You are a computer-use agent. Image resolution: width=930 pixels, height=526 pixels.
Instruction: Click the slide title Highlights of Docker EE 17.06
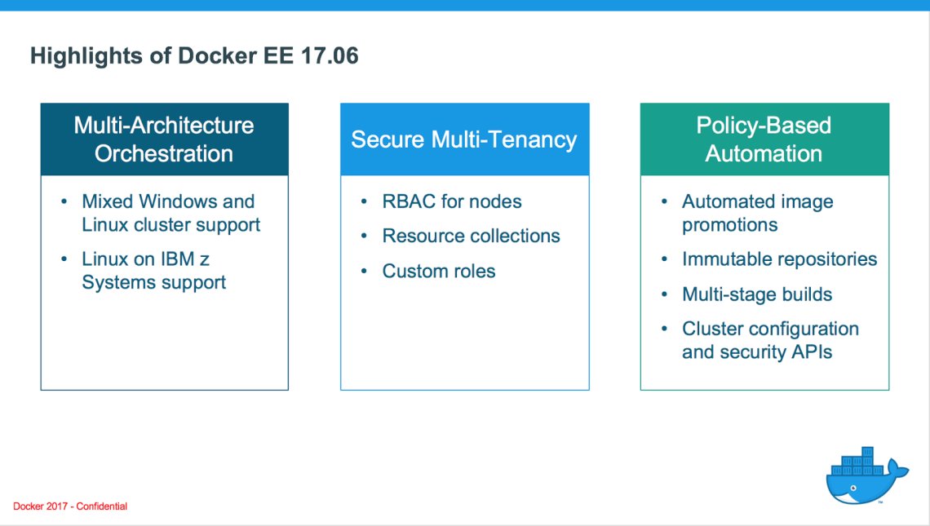click(194, 56)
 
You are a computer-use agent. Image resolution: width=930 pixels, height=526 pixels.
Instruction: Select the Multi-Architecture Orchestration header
click(164, 139)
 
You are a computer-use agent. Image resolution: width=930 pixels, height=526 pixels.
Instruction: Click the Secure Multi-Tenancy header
click(463, 139)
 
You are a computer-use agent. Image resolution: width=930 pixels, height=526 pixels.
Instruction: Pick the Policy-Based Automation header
click(764, 139)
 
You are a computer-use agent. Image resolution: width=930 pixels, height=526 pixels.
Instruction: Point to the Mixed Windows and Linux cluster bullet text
click(170, 213)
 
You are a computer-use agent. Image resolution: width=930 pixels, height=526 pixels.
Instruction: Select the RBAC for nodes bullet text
click(451, 201)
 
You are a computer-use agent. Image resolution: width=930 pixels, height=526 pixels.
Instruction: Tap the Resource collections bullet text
click(471, 236)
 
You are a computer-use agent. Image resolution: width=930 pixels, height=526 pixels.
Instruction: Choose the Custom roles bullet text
click(439, 272)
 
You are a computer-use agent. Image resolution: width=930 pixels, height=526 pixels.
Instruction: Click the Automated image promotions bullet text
click(757, 213)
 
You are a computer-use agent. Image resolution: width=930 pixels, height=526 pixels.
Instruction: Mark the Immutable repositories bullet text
click(779, 259)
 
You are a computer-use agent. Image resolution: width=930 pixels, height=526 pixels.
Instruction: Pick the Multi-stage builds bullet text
click(757, 294)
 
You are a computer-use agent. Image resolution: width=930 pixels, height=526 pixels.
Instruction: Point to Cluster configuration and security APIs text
click(769, 341)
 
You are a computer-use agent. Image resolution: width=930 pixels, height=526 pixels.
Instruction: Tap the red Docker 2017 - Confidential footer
click(70, 506)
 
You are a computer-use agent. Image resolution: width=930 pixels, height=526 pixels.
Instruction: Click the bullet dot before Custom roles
click(363, 272)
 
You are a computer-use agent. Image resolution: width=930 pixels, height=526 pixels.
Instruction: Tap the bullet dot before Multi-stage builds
click(663, 294)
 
